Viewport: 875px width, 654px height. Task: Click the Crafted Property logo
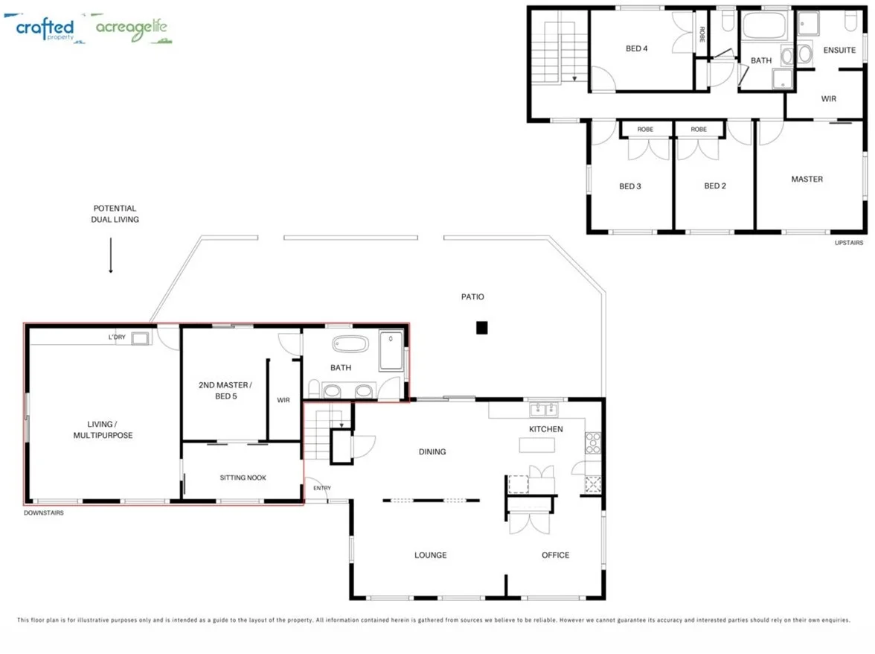click(45, 28)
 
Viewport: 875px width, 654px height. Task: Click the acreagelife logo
click(132, 29)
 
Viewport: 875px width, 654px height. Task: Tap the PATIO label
click(472, 296)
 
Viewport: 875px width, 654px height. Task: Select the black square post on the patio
click(481, 327)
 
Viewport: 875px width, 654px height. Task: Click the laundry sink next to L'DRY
click(140, 339)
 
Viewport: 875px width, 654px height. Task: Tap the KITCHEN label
click(545, 429)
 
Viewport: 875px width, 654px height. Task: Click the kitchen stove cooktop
click(593, 443)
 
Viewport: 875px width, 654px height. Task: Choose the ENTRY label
click(321, 488)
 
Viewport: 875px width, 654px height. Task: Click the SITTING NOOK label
click(243, 477)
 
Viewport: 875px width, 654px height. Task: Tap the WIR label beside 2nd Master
click(283, 400)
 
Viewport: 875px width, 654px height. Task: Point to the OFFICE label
click(555, 555)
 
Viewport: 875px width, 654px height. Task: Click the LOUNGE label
click(430, 555)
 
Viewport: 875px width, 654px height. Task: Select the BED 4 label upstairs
click(636, 48)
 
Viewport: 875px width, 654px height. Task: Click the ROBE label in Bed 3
click(645, 129)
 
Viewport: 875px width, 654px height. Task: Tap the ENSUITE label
click(839, 50)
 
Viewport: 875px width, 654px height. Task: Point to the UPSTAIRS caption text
click(848, 243)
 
